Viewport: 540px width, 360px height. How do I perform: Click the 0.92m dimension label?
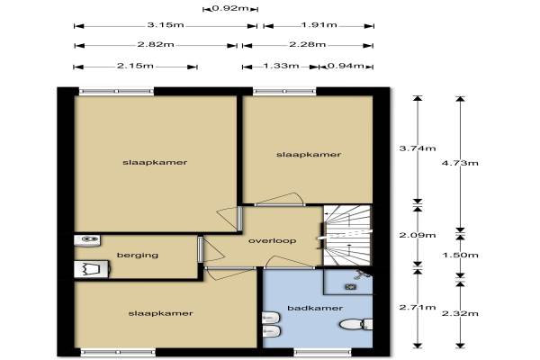tap(230, 8)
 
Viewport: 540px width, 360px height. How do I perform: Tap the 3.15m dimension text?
tap(166, 25)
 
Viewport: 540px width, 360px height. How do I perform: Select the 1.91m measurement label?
tap(319, 25)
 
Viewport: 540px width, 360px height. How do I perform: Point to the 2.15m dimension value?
tap(135, 66)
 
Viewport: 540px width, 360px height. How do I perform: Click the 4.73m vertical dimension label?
tap(460, 163)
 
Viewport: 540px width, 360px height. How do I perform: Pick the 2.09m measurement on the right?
tap(418, 235)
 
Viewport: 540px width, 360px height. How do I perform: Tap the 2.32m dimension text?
tap(460, 313)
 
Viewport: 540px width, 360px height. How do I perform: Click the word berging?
tap(138, 256)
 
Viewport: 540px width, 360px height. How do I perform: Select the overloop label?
tap(273, 241)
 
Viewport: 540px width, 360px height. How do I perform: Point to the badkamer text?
tap(315, 309)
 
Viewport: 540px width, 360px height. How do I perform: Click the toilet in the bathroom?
tap(356, 324)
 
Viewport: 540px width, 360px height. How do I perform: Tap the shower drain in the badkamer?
tap(351, 286)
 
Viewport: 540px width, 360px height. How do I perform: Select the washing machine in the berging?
tap(92, 269)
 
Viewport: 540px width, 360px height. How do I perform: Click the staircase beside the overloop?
tap(347, 236)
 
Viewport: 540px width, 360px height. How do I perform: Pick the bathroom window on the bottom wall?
tap(323, 352)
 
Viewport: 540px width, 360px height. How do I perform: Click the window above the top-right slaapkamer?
tap(284, 91)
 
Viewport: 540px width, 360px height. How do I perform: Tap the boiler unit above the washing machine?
tap(87, 240)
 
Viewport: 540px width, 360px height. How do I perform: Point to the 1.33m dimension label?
tap(282, 66)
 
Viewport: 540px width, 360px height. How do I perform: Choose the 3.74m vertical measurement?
tap(418, 148)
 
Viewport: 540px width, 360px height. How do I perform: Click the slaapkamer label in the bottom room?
tap(160, 313)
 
